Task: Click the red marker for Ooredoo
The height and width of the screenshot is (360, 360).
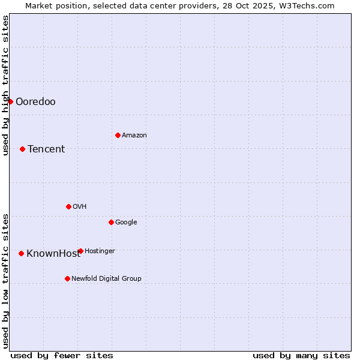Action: pyautogui.click(x=10, y=101)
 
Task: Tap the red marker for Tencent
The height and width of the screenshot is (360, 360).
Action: pyautogui.click(x=22, y=149)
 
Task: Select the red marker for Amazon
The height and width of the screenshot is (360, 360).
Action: pyautogui.click(x=118, y=135)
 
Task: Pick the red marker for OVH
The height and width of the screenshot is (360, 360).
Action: pyautogui.click(x=68, y=206)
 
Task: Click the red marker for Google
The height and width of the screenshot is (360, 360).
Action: pyautogui.click(x=111, y=222)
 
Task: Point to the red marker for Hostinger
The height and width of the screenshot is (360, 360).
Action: pyautogui.click(x=80, y=251)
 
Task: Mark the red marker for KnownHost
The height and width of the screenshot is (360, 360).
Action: pyautogui.click(x=21, y=253)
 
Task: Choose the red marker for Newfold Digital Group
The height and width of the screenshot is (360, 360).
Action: pyautogui.click(x=67, y=278)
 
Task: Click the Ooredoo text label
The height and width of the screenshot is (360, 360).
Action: pyautogui.click(x=35, y=101)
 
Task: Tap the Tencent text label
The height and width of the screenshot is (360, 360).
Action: pyautogui.click(x=46, y=149)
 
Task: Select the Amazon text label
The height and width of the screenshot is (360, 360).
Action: pyautogui.click(x=134, y=135)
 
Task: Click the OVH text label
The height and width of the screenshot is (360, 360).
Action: pyautogui.click(x=80, y=206)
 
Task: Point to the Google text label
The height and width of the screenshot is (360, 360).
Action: pyautogui.click(x=126, y=222)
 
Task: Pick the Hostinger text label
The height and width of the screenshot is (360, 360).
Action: pyautogui.click(x=100, y=251)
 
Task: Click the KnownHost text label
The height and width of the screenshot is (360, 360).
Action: pyautogui.click(x=53, y=253)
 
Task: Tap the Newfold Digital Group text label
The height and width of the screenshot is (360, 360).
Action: pyautogui.click(x=106, y=278)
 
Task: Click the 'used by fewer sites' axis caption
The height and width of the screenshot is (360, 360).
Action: pyautogui.click(x=62, y=355)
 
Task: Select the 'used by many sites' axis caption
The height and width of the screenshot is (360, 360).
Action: pyautogui.click(x=301, y=355)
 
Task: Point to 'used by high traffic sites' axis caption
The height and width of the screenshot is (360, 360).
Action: pyautogui.click(x=5, y=85)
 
